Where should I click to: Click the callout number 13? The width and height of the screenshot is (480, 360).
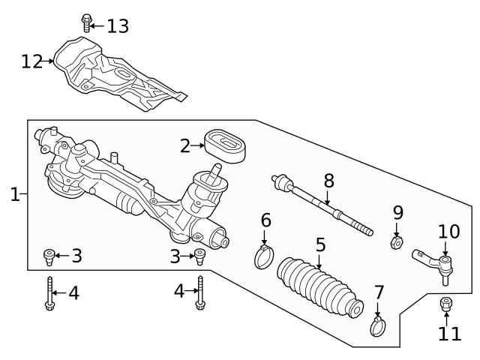point(117,26)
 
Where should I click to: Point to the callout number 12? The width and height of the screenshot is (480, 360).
point(31,61)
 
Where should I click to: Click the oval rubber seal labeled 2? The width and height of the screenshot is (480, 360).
point(226,146)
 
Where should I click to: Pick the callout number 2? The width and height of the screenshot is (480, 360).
point(185,145)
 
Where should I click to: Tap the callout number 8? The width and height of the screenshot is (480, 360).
point(328,181)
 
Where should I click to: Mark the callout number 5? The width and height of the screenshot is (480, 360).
point(320,245)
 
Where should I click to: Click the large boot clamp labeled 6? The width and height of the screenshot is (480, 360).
point(264,257)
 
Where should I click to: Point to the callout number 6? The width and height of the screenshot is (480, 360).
point(265,220)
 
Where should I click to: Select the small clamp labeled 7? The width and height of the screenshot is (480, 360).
point(378,326)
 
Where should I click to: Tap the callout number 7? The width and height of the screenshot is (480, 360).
point(379,292)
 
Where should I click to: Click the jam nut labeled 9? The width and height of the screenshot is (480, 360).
point(397,241)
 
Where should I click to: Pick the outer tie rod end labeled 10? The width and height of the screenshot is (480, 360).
point(435,263)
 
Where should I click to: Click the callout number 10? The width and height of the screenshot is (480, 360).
point(448,232)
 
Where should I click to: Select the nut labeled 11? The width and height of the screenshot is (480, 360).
point(445,304)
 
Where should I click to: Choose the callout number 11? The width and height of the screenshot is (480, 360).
point(450,333)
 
